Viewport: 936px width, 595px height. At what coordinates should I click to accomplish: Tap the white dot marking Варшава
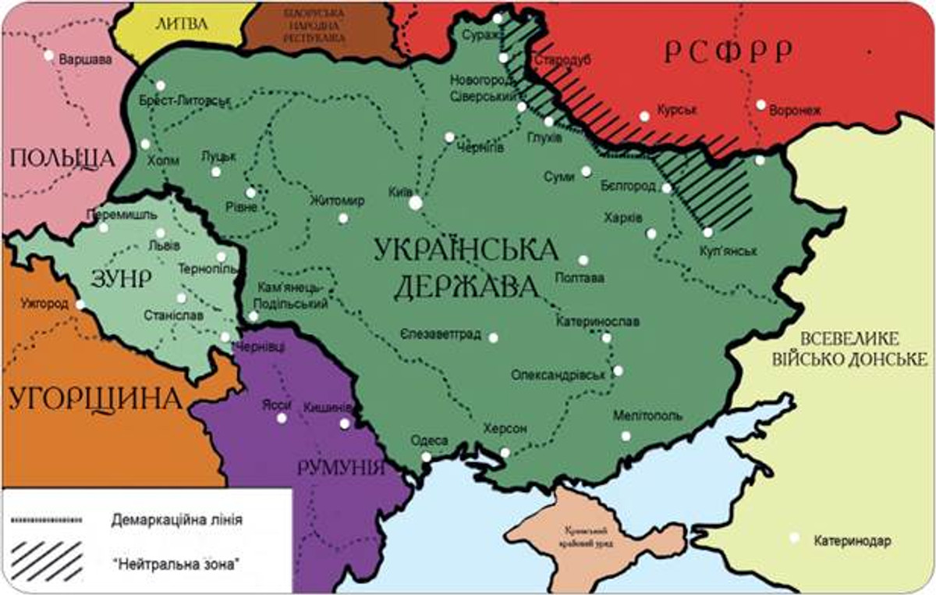[48, 55]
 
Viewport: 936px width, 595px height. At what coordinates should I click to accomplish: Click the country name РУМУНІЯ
[341, 469]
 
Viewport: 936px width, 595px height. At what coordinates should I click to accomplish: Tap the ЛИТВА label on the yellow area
[182, 23]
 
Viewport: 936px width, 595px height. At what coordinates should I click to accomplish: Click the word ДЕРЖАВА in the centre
[466, 287]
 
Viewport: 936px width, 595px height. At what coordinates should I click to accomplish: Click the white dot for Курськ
[644, 116]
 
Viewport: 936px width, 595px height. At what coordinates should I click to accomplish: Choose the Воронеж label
[795, 111]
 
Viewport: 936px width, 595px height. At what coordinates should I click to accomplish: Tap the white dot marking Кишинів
[344, 423]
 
